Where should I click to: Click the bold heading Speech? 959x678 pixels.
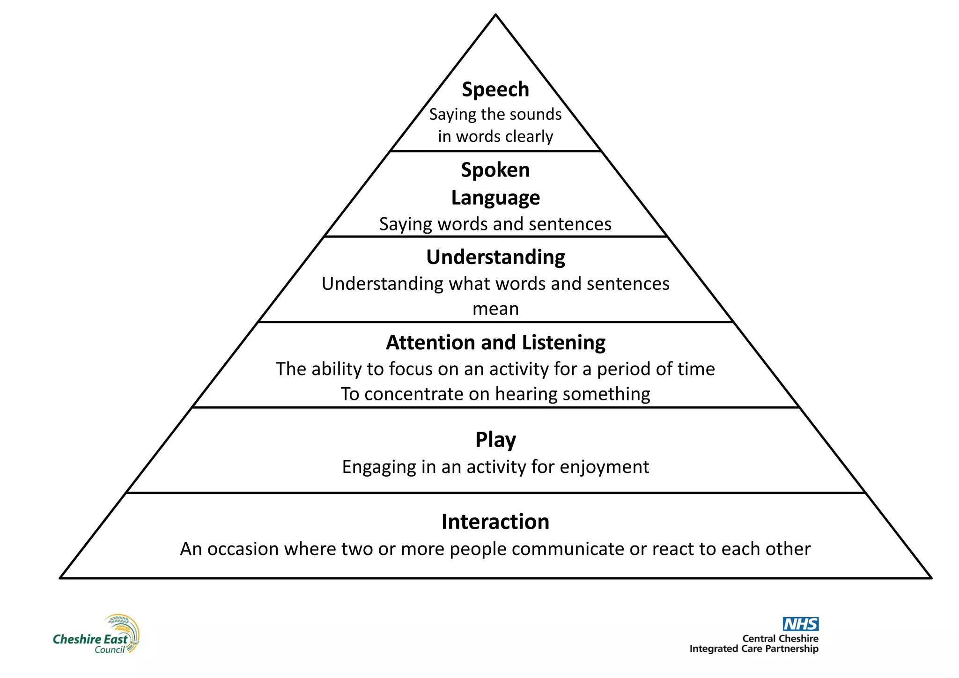[495, 89]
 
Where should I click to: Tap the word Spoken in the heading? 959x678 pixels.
[495, 170]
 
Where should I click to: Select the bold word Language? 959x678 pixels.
[495, 198]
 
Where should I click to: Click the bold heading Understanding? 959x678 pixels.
[495, 257]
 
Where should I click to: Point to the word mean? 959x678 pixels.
[495, 309]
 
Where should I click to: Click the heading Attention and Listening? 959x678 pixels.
[495, 343]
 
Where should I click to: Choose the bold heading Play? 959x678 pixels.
[495, 440]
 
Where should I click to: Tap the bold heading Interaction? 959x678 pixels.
[495, 522]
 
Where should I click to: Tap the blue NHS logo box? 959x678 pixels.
[800, 624]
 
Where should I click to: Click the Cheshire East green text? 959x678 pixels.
[90, 639]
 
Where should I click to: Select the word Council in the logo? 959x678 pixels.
[110, 650]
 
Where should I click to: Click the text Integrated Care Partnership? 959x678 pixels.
[754, 649]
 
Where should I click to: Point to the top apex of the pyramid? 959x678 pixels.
[495, 15]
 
